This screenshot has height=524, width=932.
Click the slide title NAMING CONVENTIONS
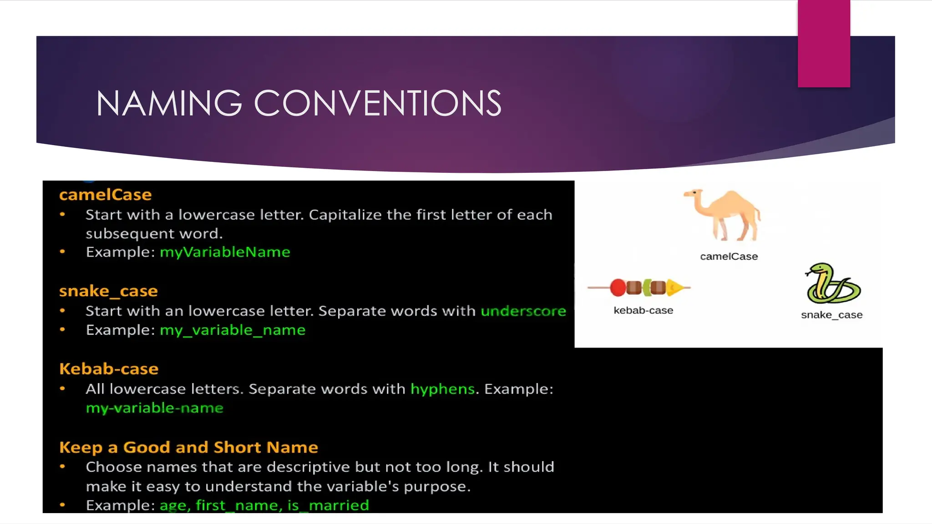point(299,103)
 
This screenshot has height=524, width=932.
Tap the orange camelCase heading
point(105,195)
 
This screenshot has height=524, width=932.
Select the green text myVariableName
point(225,252)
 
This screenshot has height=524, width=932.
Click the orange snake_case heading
point(108,291)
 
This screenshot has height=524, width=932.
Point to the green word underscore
point(523,311)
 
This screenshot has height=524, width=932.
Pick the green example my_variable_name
point(233,330)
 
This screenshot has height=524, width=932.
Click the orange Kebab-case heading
point(109,369)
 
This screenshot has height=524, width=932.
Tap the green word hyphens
point(442,389)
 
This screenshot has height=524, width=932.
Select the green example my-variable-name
point(155,408)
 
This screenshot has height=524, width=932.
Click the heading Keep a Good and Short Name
point(188,448)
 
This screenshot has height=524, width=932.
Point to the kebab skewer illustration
point(639,287)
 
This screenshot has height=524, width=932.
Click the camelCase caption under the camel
point(729,257)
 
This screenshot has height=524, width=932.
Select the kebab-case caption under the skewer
point(643,311)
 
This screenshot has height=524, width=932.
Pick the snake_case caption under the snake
point(831,315)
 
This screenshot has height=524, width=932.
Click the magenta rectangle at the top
point(824,43)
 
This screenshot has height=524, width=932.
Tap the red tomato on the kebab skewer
point(618,287)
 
